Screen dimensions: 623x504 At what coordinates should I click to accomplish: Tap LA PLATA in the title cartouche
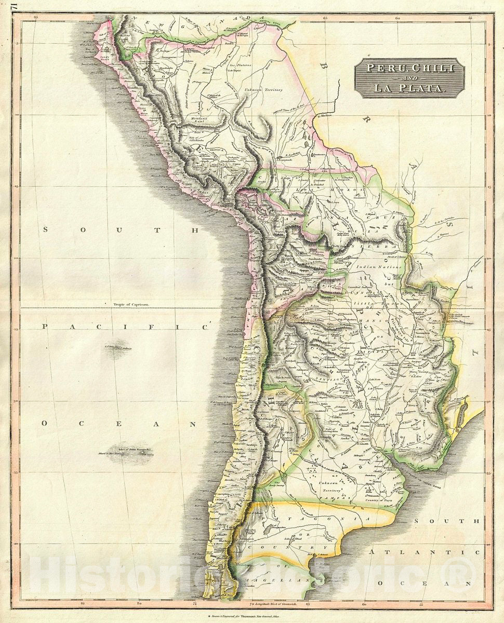point(409,88)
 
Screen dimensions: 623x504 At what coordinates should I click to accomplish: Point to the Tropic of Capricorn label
point(128,305)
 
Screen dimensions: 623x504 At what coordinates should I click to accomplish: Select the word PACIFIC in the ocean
point(124,327)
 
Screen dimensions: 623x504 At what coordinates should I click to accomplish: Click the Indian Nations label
point(379,267)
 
